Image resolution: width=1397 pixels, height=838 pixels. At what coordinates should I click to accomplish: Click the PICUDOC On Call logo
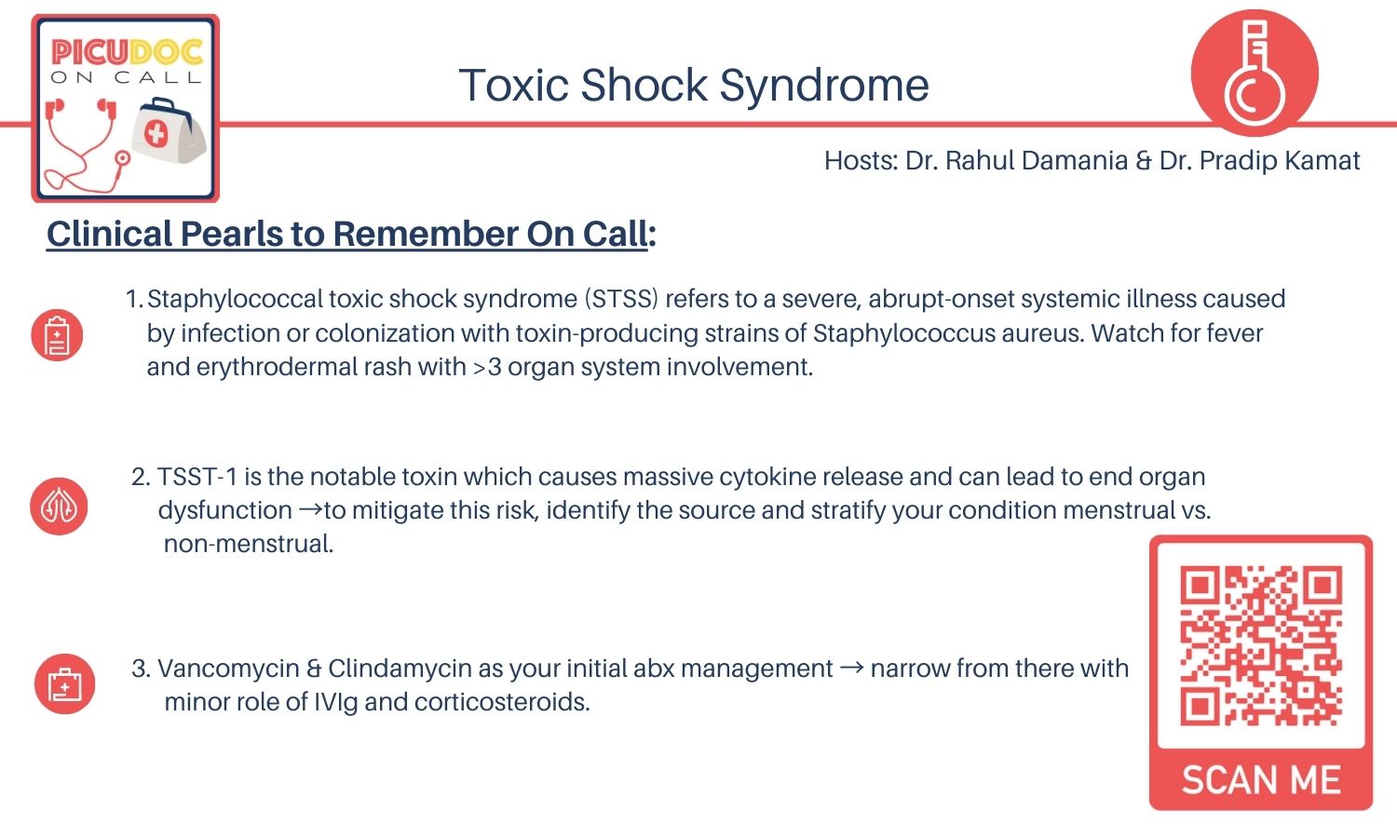point(126,108)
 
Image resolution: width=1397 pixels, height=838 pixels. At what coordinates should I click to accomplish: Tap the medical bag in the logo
point(169,134)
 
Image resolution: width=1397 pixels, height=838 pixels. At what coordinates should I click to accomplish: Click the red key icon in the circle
point(1255,73)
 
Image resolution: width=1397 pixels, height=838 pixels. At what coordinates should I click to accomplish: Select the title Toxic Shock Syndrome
point(694,86)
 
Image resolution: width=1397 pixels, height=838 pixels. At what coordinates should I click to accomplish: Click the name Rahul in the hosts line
point(976,161)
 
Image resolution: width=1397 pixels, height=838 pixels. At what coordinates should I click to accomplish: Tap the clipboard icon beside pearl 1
point(57,335)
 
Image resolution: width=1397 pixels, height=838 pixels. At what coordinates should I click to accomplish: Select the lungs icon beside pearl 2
point(59,507)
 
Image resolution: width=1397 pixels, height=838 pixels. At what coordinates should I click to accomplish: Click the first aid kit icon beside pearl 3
point(64,684)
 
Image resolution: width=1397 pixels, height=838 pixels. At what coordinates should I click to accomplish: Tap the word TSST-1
point(197,477)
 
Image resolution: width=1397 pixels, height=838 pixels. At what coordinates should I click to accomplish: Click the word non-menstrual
point(248,544)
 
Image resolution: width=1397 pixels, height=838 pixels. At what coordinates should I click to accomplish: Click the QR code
point(1260,645)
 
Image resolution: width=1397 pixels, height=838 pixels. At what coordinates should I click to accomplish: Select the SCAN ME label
point(1261,780)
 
